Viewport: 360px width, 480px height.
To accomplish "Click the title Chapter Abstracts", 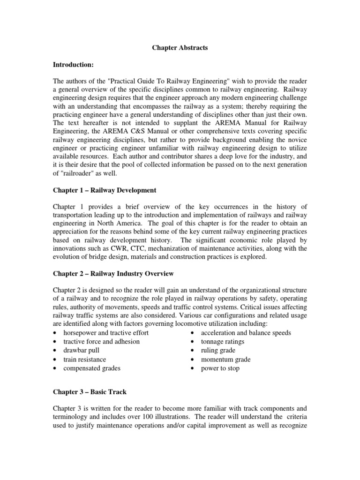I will tap(180, 48).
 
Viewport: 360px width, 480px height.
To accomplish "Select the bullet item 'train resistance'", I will tap(85, 359).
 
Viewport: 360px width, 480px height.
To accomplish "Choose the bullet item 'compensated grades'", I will tap(92, 368).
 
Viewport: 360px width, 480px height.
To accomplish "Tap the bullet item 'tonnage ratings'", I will tap(223, 341).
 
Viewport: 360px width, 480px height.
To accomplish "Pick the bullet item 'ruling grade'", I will tap(218, 350).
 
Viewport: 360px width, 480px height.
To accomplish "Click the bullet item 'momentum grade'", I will tap(225, 359).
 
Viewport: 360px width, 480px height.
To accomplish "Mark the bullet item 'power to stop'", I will tap(220, 368).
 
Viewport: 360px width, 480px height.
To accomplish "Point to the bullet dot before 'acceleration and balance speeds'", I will tap(193, 333).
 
